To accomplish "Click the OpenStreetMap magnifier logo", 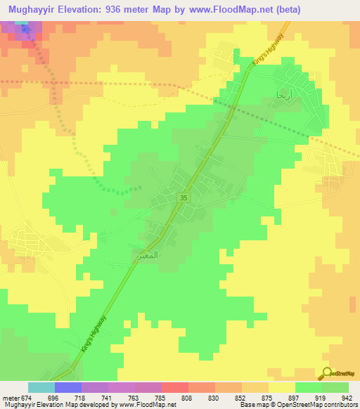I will [x=328, y=373].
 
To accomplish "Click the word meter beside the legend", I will [x=11, y=397].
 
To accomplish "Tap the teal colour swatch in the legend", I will [x=41, y=387].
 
